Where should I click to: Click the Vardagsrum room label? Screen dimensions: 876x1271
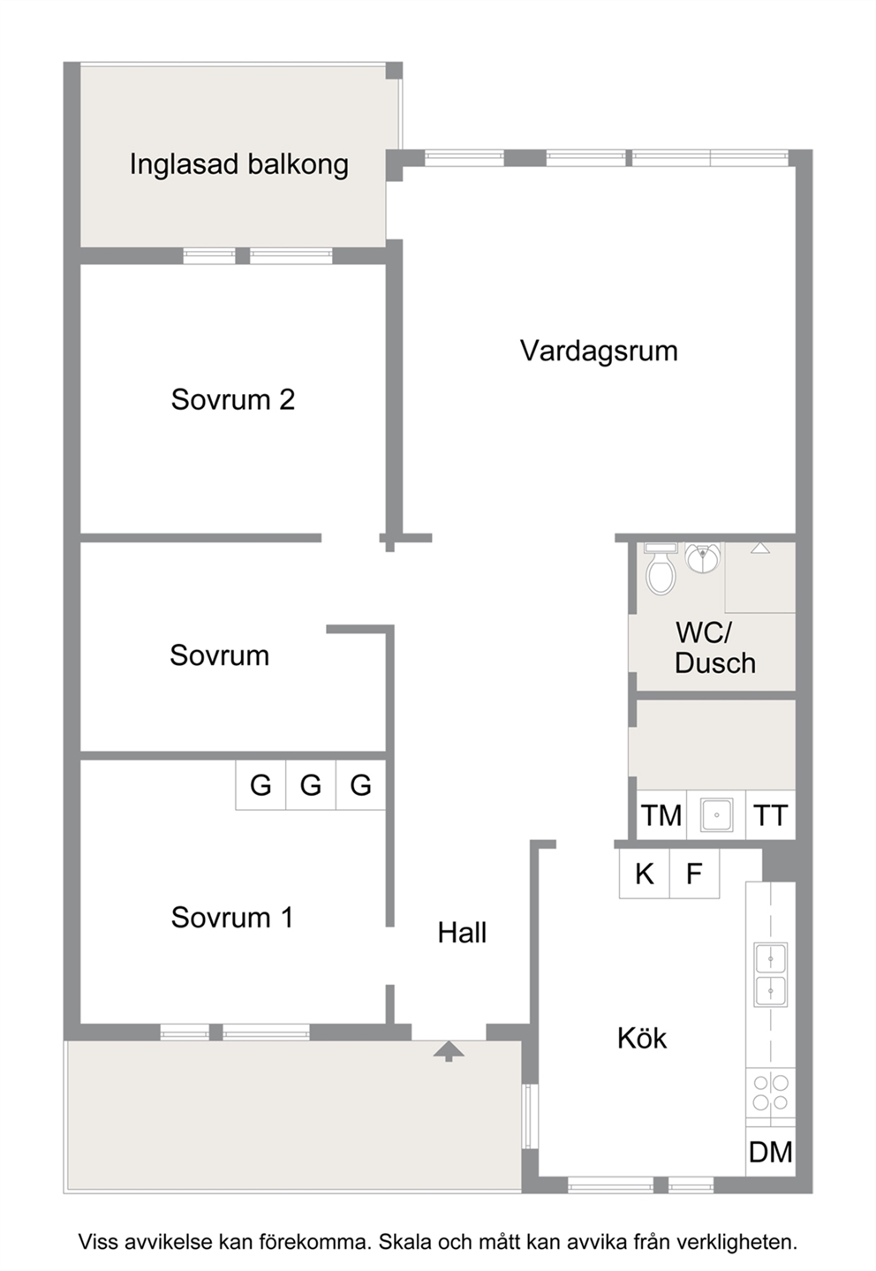click(x=599, y=352)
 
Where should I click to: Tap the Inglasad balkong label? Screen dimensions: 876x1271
click(x=238, y=165)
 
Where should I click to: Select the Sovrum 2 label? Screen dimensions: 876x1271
click(x=232, y=399)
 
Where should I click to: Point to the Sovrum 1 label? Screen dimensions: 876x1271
click(x=231, y=918)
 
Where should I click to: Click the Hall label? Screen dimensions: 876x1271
click(x=462, y=933)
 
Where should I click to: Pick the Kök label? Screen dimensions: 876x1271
click(x=642, y=1038)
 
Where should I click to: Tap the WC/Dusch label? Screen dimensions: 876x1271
click(x=715, y=648)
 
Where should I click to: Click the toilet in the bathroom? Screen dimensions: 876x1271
click(x=661, y=570)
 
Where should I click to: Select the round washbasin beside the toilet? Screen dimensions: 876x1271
click(x=703, y=558)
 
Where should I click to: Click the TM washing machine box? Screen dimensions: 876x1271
click(x=661, y=815)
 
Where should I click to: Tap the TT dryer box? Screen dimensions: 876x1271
click(x=770, y=815)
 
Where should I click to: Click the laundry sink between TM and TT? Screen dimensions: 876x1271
click(x=716, y=815)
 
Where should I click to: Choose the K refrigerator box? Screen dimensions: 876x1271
click(x=645, y=874)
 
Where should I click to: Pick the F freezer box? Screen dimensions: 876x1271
click(x=694, y=874)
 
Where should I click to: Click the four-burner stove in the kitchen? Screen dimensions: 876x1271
click(x=770, y=1093)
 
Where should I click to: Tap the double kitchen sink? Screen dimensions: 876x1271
click(x=770, y=975)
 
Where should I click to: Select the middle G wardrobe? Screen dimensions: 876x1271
click(x=311, y=784)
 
